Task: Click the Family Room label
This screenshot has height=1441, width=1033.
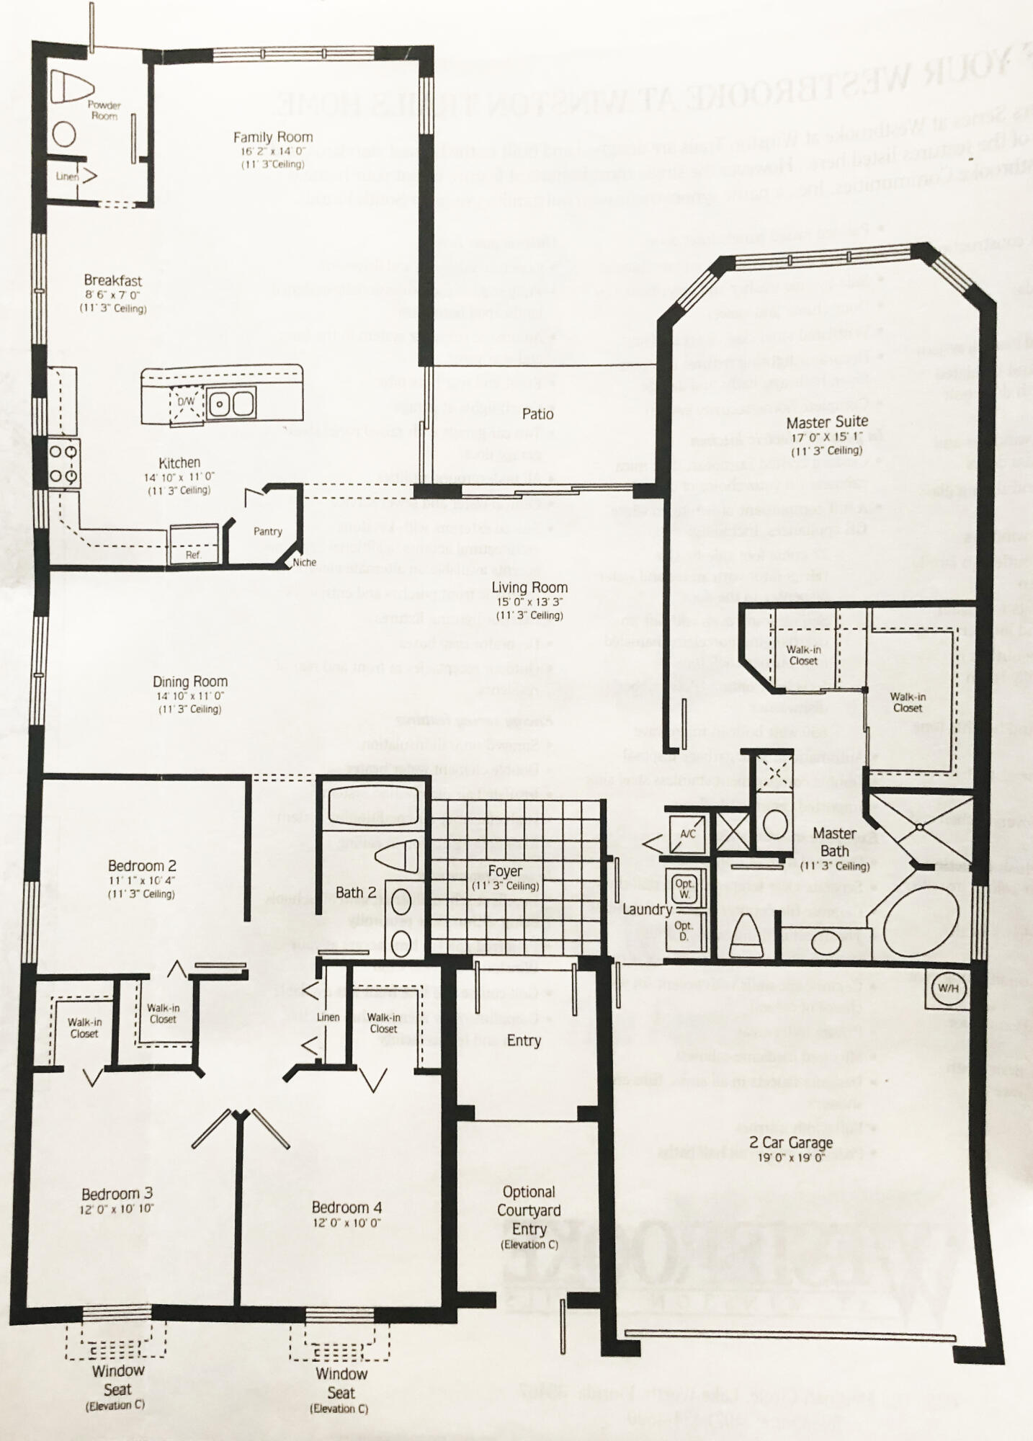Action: [272, 137]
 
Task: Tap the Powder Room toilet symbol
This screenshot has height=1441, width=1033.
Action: [76, 88]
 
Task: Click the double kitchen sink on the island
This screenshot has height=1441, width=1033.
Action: [231, 403]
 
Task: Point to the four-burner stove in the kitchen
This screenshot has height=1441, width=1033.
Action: [64, 463]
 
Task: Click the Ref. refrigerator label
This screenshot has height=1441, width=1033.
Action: [193, 555]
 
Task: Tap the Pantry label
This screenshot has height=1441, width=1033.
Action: [267, 531]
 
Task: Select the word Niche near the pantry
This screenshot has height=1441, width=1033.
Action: [304, 562]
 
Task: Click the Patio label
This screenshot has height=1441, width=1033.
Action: [537, 414]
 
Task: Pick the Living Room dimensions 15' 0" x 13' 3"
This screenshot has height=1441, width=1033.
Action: [529, 602]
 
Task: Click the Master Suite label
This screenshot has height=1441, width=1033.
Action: [827, 421]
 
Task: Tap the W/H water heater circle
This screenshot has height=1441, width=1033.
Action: [948, 989]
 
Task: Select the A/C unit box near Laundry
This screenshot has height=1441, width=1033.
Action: [688, 834]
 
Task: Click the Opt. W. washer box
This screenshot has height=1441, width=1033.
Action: [684, 888]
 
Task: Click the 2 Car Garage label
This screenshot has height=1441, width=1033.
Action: [790, 1142]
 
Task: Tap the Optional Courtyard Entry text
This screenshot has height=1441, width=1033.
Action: [529, 1210]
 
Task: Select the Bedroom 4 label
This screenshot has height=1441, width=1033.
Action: [346, 1208]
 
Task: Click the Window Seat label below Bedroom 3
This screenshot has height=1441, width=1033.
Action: [117, 1380]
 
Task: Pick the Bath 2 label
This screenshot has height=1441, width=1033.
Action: [356, 892]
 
